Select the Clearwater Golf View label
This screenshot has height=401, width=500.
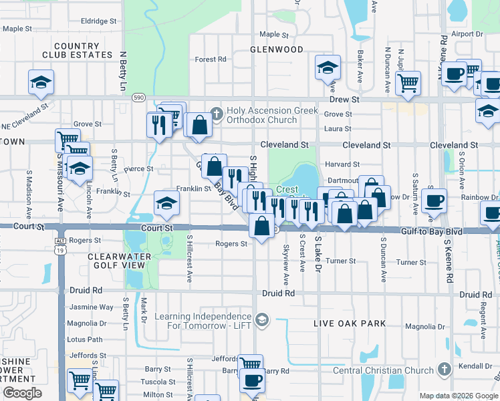pyautogui.click(x=116, y=261)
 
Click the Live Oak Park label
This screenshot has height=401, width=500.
pyautogui.click(x=350, y=323)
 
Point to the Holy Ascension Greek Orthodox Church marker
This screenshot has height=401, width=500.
pyautogui.click(x=216, y=112)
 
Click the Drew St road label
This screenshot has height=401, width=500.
pyautogui.click(x=344, y=99)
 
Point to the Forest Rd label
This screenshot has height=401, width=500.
pyautogui.click(x=210, y=59)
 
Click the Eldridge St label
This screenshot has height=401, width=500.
pyautogui.click(x=99, y=21)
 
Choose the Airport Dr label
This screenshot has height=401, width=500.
pyautogui.click(x=467, y=34)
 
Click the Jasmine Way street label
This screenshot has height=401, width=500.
pyautogui.click(x=92, y=307)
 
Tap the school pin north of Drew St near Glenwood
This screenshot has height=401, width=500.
pyautogui.click(x=328, y=69)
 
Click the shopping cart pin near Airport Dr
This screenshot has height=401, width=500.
pyautogui.click(x=408, y=83)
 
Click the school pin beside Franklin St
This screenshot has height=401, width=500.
pyautogui.click(x=166, y=203)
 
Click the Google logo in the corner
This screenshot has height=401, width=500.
pyautogui.click(x=22, y=393)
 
